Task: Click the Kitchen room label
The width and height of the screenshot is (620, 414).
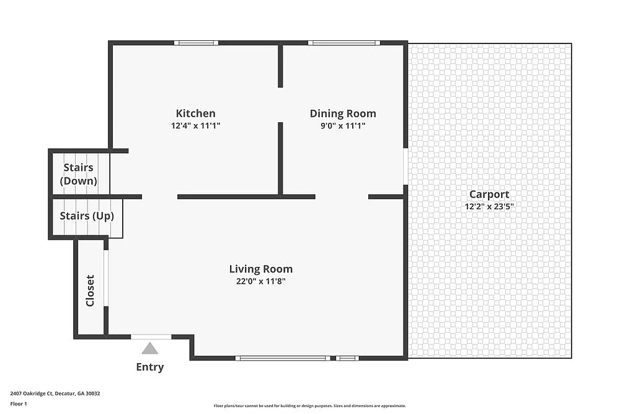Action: tap(196, 113)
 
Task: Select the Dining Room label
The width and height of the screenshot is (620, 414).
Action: tap(343, 113)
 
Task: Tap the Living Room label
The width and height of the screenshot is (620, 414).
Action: tap(260, 269)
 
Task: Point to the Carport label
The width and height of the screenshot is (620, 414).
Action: tap(489, 194)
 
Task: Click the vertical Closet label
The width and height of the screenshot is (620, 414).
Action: tap(91, 290)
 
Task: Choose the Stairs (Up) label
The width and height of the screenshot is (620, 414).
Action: tap(87, 216)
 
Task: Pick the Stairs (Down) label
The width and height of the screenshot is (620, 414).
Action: tap(79, 174)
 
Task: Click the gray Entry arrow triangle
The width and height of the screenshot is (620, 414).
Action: tap(149, 348)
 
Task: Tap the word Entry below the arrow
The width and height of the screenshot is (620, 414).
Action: tap(150, 367)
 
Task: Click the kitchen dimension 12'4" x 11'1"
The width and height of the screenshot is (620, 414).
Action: tap(196, 125)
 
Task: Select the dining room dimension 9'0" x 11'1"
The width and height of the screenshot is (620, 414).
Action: tap(343, 125)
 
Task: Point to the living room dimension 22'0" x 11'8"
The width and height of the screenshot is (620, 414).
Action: tap(260, 281)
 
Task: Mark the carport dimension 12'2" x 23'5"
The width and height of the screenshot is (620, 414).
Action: tap(489, 207)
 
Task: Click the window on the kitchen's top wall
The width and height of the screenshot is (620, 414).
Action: tap(196, 43)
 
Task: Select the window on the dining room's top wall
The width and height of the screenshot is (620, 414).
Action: tap(344, 43)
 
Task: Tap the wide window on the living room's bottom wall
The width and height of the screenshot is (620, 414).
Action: tap(282, 358)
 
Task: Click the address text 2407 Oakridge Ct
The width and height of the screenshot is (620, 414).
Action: tap(55, 393)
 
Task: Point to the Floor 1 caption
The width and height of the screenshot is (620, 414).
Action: tap(19, 403)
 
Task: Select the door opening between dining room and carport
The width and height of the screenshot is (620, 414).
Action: tap(405, 166)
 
